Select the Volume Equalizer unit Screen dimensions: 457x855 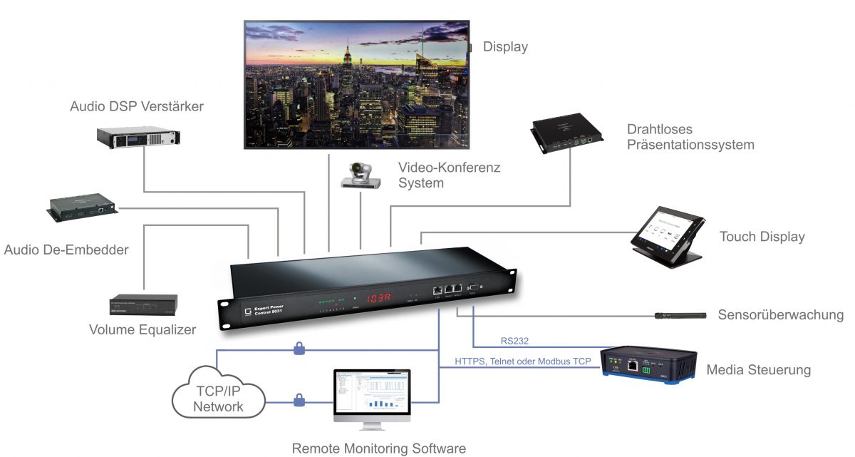tap(143, 306)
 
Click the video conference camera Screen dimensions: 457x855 tap(361, 175)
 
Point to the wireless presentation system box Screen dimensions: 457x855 tap(568, 135)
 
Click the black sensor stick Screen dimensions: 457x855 tap(680, 314)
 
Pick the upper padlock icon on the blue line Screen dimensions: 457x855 tap(299, 349)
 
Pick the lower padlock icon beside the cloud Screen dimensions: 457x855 tap(299, 401)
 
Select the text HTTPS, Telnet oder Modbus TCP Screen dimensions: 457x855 tap(523, 361)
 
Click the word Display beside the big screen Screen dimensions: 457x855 tap(505, 47)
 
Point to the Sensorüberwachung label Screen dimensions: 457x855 tap(780, 315)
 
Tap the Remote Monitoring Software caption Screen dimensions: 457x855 tap(379, 448)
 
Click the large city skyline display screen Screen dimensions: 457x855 tap(356, 84)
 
